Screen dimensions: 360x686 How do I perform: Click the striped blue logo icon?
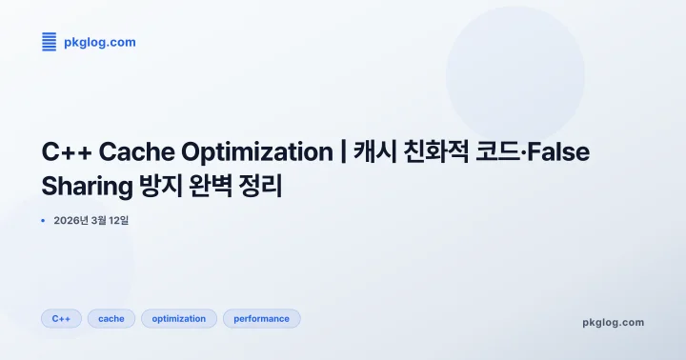coord(50,41)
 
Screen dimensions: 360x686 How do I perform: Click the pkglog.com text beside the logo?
coord(99,42)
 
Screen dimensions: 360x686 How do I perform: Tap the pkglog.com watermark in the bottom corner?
coord(613,323)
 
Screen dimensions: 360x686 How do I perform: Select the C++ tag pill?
coord(61,319)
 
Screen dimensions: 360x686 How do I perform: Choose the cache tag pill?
coord(111,319)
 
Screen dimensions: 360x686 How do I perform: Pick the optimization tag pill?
coord(179,319)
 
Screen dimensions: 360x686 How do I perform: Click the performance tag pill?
coord(261,319)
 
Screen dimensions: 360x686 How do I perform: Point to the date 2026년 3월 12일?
coord(91,220)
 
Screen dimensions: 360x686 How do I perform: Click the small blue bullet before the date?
coord(43,220)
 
